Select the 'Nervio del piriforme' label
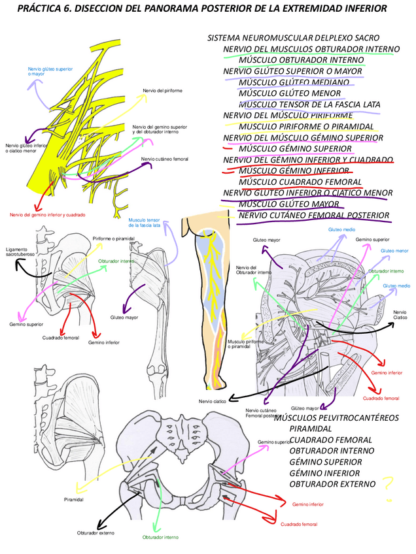(163, 90)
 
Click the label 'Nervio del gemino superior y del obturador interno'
(160, 129)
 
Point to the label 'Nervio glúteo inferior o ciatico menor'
(26, 148)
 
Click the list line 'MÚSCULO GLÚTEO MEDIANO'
(294, 82)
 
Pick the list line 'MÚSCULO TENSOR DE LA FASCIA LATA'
(309, 105)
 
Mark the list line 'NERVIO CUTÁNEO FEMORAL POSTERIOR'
(314, 216)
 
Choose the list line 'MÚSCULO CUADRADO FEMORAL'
(300, 182)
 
